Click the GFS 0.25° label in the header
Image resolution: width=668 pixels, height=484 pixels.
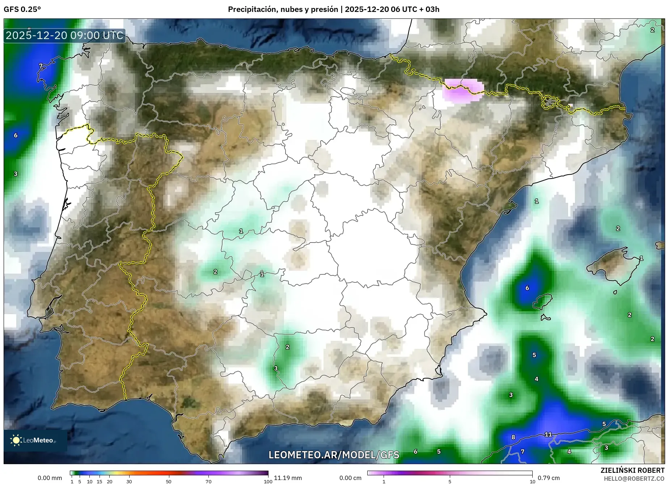[x=22, y=9]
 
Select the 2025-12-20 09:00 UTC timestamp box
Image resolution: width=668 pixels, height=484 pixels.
[x=64, y=35]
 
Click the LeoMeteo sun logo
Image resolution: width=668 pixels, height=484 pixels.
[x=16, y=440]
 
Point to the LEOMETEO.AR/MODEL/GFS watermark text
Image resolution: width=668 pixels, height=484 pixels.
[x=334, y=455]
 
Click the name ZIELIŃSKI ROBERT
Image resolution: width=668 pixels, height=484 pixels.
[x=632, y=470]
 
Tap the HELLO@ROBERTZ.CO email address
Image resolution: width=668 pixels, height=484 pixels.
[x=634, y=479]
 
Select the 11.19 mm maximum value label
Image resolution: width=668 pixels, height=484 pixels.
[x=288, y=478]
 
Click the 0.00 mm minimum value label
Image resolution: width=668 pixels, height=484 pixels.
[x=50, y=478]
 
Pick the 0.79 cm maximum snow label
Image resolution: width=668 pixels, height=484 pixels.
[x=549, y=478]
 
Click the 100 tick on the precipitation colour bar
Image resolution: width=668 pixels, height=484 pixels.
[x=268, y=481]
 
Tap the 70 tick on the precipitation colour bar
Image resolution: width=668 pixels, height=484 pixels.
[x=208, y=481]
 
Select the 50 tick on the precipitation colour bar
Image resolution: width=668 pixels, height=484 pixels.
[x=169, y=481]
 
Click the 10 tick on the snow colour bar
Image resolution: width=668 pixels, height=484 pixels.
[x=532, y=481]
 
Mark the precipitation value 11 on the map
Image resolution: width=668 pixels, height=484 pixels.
[x=548, y=434]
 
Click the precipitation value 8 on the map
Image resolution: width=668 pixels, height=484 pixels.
[x=513, y=437]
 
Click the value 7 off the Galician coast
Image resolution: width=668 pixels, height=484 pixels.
[x=41, y=66]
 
